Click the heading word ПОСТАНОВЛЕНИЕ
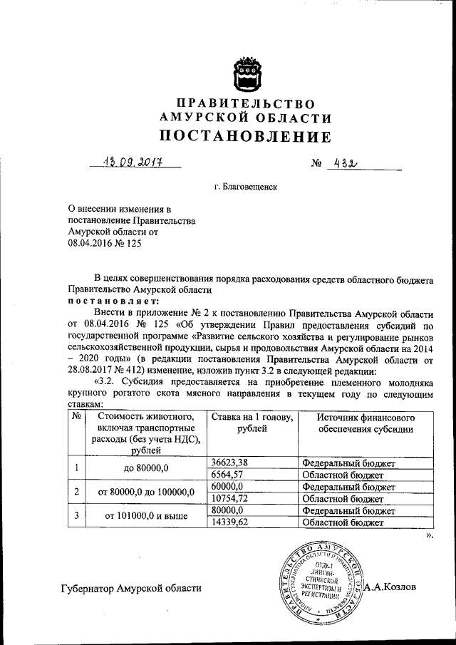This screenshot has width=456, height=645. click(245, 135)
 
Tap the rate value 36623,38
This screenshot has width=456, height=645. click(229, 462)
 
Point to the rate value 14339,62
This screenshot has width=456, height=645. click(229, 522)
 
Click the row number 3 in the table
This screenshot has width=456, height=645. click(77, 516)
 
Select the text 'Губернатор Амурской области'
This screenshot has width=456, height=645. click(131, 588)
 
